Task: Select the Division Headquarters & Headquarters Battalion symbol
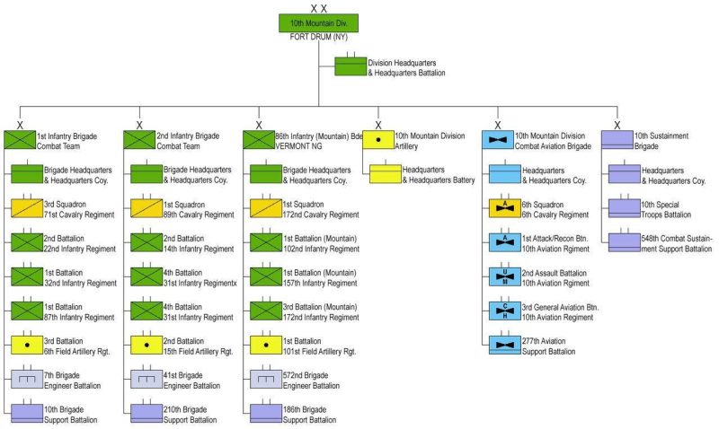350,67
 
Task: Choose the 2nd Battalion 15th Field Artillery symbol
146,345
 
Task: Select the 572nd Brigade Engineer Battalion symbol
265,379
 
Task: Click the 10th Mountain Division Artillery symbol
378,140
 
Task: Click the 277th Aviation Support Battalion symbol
504,345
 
